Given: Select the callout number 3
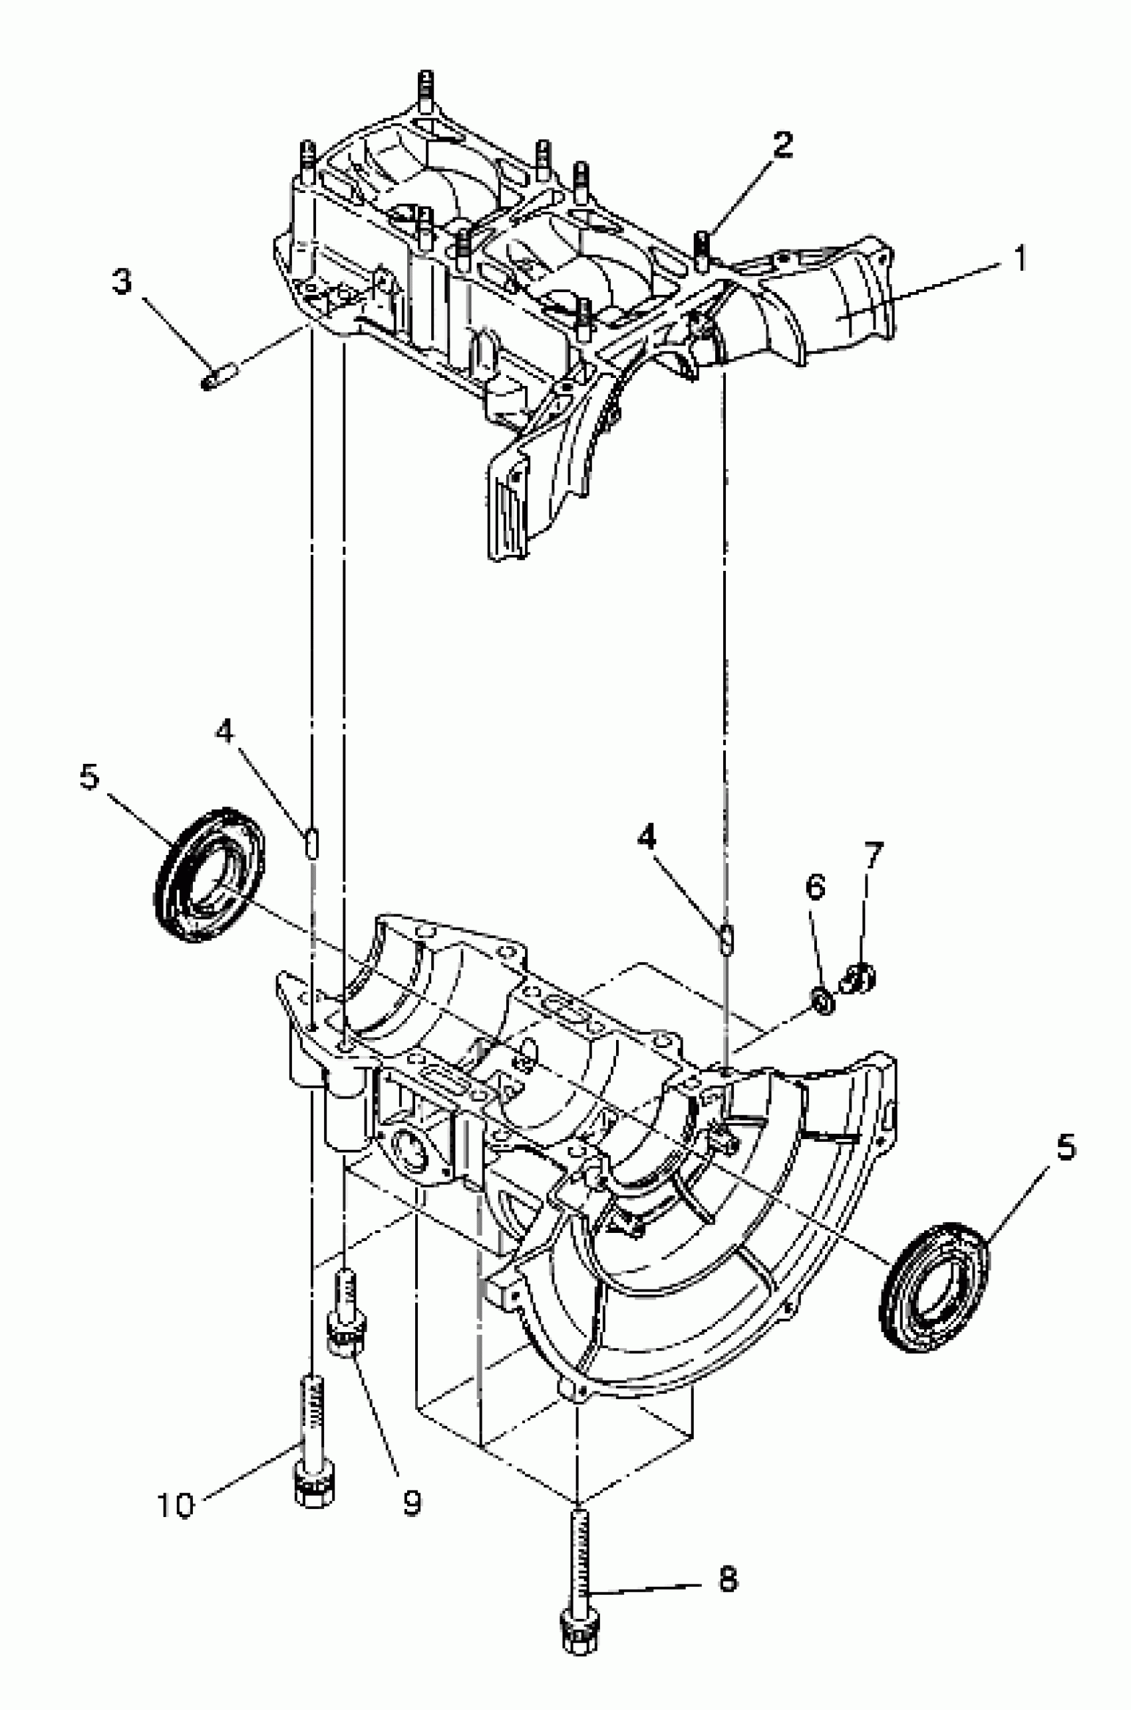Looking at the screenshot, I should pos(122,281).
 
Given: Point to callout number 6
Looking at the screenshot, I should pos(814,888).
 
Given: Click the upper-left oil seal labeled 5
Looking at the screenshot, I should pos(209,874).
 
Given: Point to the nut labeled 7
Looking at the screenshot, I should pos(858,979).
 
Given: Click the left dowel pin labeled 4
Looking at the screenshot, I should pos(311,842).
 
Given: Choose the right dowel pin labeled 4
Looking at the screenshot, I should pos(727,938).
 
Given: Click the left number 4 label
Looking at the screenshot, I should pos(224,732).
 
